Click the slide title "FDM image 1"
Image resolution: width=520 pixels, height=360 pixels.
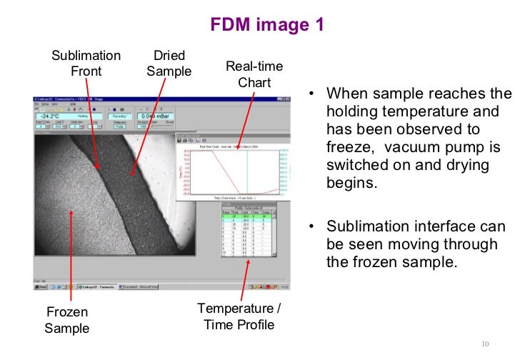(267, 25)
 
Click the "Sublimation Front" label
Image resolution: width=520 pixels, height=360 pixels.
(86, 64)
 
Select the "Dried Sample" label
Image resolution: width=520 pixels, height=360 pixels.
(169, 64)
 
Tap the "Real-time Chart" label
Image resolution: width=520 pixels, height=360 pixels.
(254, 74)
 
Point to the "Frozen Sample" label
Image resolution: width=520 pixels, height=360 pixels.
(67, 321)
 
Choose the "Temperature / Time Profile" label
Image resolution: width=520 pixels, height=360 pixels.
(239, 316)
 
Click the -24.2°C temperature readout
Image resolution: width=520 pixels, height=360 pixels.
(51, 116)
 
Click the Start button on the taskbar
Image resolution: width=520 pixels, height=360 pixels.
(41, 286)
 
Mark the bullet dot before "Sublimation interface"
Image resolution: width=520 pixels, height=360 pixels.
(311, 228)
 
